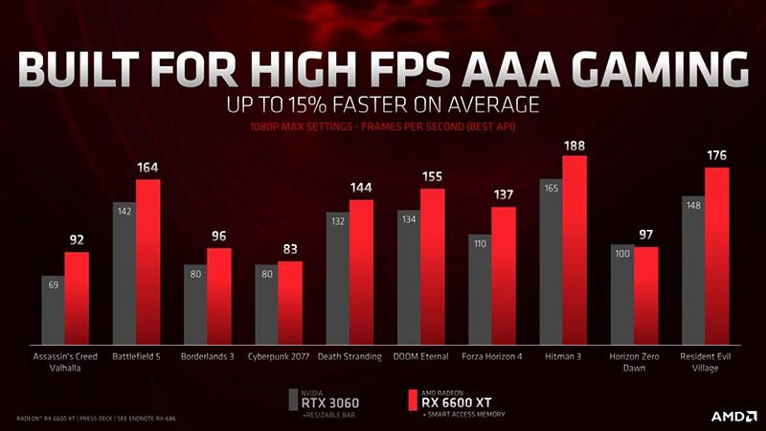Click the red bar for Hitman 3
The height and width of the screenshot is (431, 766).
(x=574, y=249)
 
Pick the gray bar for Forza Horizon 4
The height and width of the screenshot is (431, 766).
(x=480, y=287)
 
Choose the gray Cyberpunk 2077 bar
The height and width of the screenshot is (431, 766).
(x=266, y=303)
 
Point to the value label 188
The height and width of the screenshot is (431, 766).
(x=574, y=146)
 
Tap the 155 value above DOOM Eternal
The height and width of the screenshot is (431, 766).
(x=433, y=177)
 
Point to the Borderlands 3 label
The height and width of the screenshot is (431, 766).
(x=207, y=356)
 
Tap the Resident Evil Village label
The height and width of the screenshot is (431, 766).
(x=706, y=362)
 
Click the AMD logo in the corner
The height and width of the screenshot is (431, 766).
(x=732, y=416)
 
